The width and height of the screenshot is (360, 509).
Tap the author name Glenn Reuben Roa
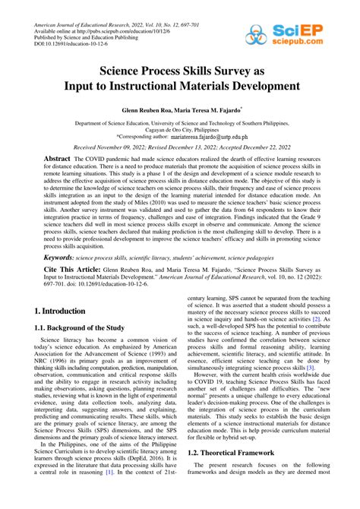(x=149, y=110)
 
